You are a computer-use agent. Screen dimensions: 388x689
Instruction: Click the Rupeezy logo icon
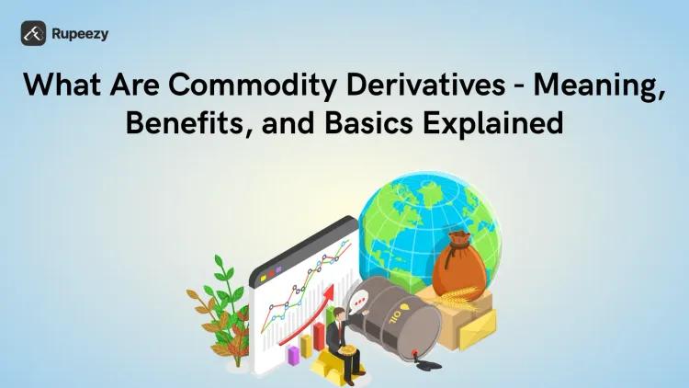tap(34, 33)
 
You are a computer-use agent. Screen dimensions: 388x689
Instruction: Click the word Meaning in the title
tap(604, 86)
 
